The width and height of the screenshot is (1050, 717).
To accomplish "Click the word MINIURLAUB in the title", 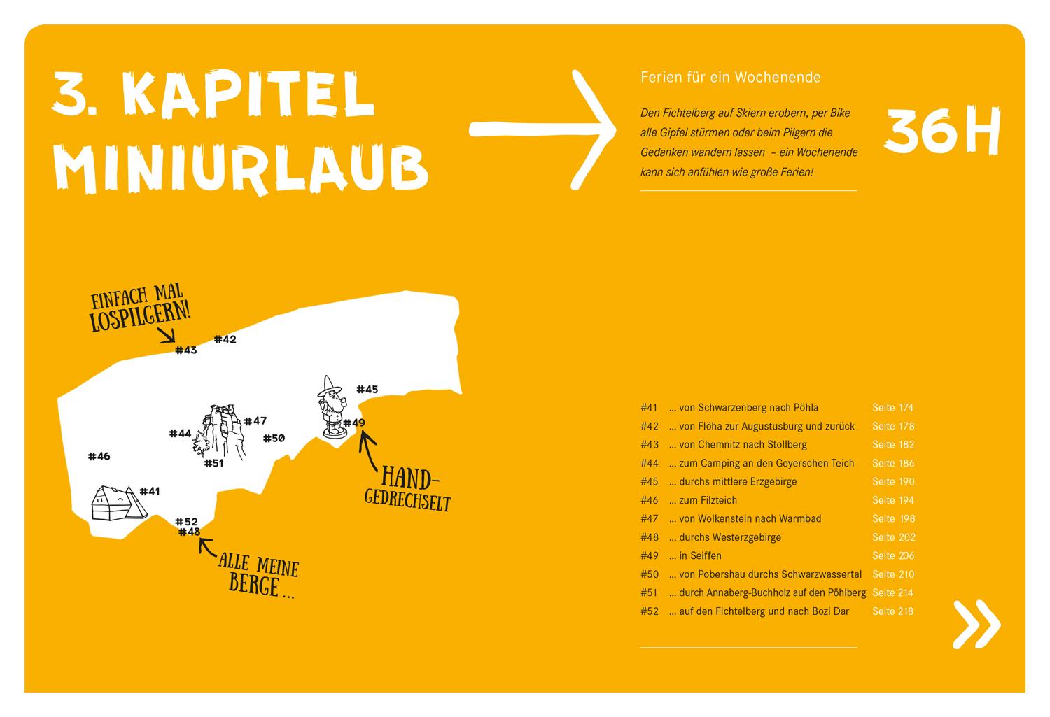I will [241, 167].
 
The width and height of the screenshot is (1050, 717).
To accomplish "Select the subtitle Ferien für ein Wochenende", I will [730, 77].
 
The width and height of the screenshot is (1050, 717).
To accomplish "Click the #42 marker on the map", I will [225, 339].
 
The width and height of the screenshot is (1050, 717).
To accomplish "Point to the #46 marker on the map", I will [99, 456].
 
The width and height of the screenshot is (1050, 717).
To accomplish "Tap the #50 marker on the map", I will [274, 439].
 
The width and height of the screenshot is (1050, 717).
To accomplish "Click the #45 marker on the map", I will [367, 390].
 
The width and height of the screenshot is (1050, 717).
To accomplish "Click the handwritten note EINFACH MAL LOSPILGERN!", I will [140, 311].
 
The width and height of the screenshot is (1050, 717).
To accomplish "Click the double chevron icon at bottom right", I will [976, 623].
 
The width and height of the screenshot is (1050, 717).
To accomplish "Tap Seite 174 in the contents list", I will [892, 408].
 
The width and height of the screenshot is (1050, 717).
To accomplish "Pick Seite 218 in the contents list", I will [892, 611].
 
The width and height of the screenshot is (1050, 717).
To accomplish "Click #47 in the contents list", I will [650, 519].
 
